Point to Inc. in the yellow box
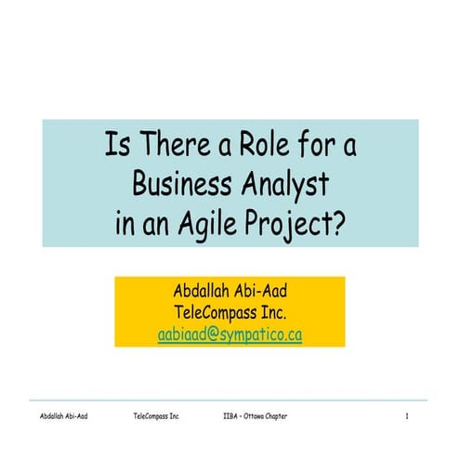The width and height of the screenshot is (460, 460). [271, 311]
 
